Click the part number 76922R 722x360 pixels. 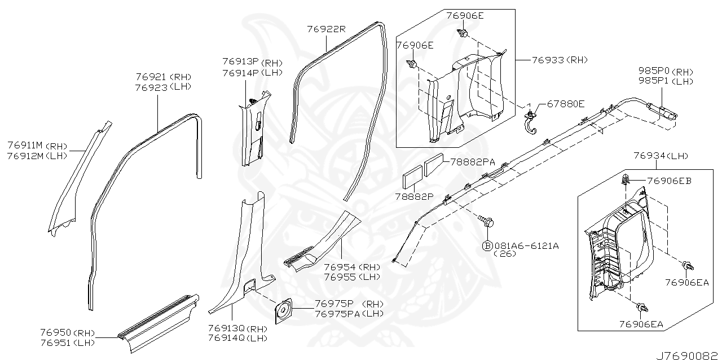click(326, 29)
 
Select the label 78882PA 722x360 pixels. click(472, 162)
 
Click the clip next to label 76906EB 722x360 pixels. click(626, 181)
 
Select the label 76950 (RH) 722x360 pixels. click(68, 332)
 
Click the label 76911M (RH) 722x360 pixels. click(37, 146)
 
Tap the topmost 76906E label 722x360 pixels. click(465, 15)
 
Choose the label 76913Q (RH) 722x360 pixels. click(237, 328)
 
